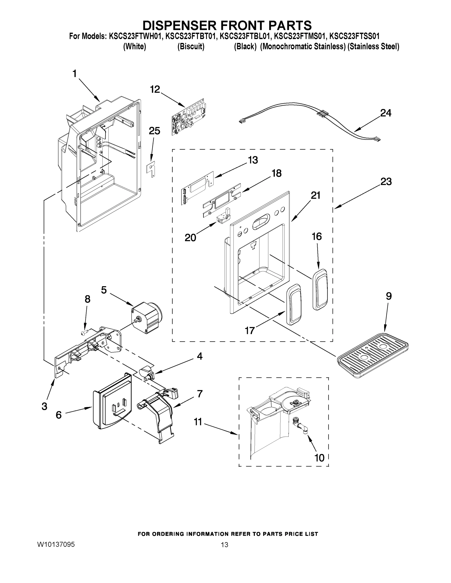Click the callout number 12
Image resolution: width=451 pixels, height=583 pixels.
(x=155, y=89)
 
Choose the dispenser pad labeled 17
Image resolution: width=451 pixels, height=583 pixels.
(x=294, y=304)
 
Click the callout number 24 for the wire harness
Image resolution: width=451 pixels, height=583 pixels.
(x=386, y=113)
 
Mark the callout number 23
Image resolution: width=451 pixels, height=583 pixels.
(x=386, y=181)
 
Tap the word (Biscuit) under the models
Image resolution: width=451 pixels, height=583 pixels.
(x=191, y=47)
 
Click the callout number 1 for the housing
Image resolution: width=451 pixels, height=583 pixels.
(x=75, y=73)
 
